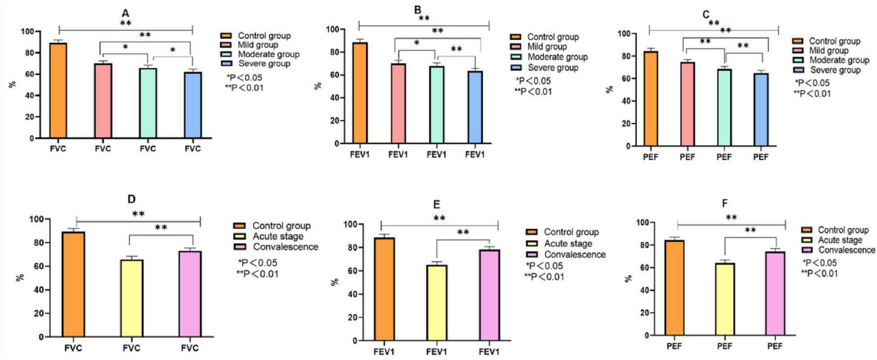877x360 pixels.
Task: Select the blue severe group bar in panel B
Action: (475, 107)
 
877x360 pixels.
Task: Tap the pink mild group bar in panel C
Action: (687, 104)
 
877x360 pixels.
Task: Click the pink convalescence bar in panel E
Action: (489, 295)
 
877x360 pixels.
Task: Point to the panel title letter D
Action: (131, 199)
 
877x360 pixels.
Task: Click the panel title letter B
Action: (417, 10)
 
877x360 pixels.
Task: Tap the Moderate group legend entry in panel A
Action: (268, 54)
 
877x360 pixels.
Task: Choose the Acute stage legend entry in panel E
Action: (567, 243)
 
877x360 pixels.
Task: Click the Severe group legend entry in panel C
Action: (834, 70)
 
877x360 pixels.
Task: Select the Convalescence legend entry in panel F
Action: (845, 250)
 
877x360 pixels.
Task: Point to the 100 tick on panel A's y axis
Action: (28, 31)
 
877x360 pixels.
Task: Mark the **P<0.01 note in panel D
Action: (257, 274)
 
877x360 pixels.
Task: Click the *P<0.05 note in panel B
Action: (533, 81)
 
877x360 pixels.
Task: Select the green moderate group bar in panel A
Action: (147, 103)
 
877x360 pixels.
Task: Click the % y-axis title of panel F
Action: (629, 278)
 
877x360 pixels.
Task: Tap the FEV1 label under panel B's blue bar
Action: (475, 154)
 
